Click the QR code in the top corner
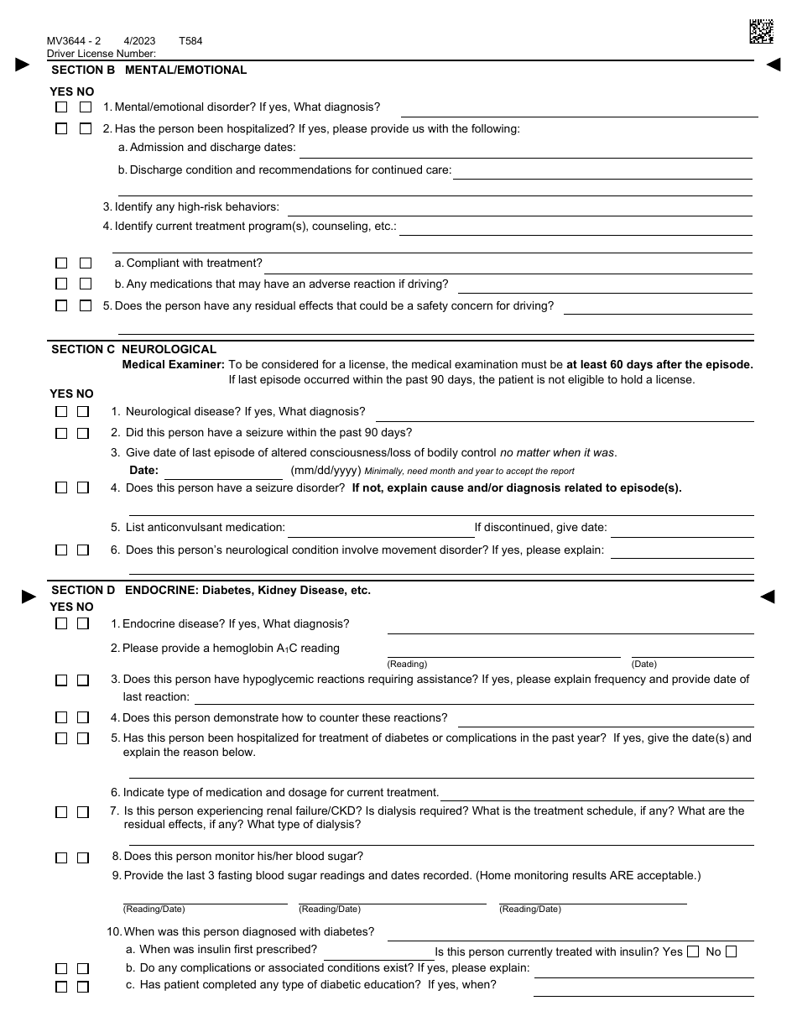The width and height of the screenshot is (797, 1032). (x=760, y=31)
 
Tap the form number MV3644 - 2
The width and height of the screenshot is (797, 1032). (x=74, y=41)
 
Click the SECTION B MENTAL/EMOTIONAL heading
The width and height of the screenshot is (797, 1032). (x=149, y=70)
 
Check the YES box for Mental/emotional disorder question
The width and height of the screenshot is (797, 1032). (x=61, y=107)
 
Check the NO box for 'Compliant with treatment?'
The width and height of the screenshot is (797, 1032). (x=85, y=263)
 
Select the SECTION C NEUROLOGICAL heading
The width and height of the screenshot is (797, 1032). (x=134, y=349)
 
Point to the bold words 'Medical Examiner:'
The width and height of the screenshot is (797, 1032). (x=173, y=364)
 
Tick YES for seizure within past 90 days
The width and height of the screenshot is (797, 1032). (x=61, y=434)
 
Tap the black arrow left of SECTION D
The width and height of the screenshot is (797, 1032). (x=29, y=597)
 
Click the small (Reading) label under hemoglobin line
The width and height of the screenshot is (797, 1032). (x=407, y=664)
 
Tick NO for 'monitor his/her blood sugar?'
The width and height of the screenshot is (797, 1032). (x=83, y=857)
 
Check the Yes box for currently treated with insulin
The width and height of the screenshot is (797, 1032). (x=692, y=951)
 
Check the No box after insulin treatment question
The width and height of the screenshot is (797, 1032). (x=731, y=951)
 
